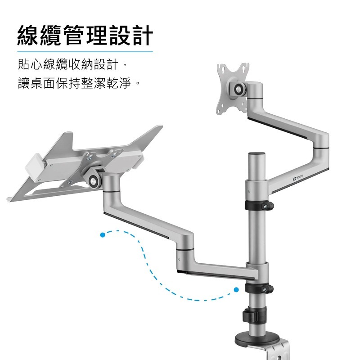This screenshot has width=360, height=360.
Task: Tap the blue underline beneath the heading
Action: click(x=85, y=52)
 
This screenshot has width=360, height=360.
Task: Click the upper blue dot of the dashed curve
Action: click(x=103, y=235)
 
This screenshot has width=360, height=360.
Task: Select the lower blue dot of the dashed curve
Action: click(x=236, y=290)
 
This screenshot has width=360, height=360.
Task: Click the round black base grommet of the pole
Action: click(x=256, y=339)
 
